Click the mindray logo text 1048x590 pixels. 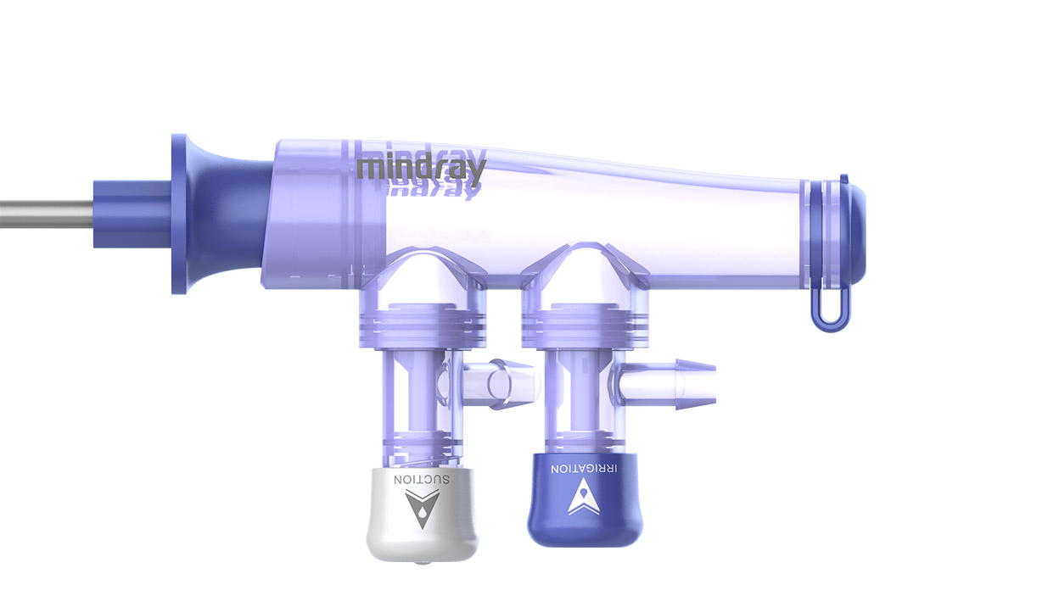point(422,167)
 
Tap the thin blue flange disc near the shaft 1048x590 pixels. point(178,214)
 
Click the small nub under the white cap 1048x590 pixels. point(413,563)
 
